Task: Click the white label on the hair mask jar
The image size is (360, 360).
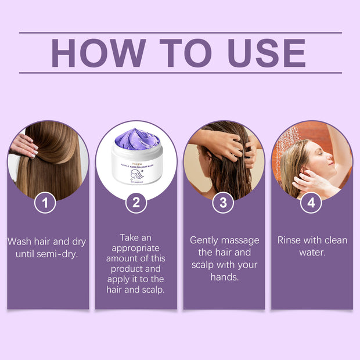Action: pos(136,171)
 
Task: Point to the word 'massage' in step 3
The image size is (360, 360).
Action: pos(241,240)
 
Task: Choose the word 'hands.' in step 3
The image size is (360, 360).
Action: pos(224,277)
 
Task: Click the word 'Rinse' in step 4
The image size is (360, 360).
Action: pos(291,240)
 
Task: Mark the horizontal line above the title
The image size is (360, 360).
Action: pos(180,33)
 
